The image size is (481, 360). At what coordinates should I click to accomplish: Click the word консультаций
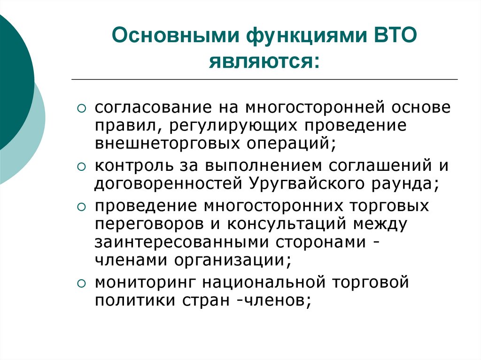(288, 223)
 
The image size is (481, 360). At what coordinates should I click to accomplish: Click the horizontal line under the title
(264, 79)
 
